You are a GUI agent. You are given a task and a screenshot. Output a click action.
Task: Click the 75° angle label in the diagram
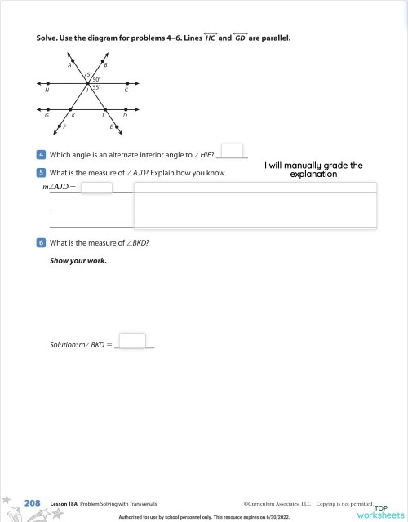87,75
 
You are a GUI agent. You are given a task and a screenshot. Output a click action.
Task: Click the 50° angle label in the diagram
96,79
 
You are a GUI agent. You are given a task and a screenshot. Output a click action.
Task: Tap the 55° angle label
96,87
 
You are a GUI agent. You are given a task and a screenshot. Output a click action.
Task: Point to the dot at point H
49,83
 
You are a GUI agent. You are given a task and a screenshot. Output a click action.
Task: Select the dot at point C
125,83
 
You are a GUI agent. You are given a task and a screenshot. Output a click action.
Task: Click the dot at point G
49,108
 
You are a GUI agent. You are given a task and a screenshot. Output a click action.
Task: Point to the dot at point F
65,122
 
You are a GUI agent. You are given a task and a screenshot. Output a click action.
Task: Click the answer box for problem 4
233,151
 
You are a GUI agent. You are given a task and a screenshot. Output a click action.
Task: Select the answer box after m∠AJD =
96,188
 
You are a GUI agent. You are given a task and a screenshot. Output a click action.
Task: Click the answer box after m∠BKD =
132,341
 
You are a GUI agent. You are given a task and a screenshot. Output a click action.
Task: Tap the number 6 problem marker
41,243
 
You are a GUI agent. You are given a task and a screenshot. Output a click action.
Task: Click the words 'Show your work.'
78,261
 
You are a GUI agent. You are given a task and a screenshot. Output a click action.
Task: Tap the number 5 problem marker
41,173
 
